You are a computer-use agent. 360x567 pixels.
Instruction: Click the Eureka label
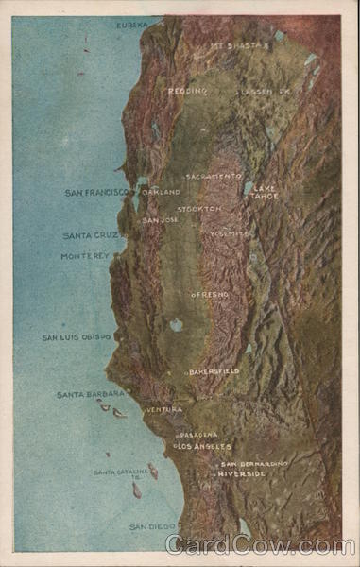tap(132, 25)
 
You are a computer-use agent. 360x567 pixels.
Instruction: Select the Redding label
tap(187, 91)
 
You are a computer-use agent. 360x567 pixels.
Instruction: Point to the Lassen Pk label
tap(264, 92)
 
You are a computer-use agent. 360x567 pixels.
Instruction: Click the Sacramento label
tap(213, 176)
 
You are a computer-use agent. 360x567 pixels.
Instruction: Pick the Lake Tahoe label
tap(264, 191)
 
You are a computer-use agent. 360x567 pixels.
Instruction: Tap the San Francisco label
tap(95, 193)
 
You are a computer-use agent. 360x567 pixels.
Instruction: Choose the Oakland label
tap(160, 192)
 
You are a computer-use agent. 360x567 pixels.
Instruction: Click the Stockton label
tap(199, 208)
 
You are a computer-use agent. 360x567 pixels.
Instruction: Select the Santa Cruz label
tap(91, 235)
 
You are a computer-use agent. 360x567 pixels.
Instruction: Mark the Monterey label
tap(86, 255)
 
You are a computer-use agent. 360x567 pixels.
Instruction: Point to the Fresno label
tap(211, 295)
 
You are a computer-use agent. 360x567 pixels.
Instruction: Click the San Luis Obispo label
tap(77, 337)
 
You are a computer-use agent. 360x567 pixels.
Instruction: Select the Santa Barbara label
tap(91, 394)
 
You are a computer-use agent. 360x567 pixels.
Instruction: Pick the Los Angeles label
tap(203, 446)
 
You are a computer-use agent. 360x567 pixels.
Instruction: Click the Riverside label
tap(242, 473)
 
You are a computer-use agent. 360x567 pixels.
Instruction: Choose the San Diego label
tap(152, 526)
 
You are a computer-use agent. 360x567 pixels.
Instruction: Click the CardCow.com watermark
tap(260, 546)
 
